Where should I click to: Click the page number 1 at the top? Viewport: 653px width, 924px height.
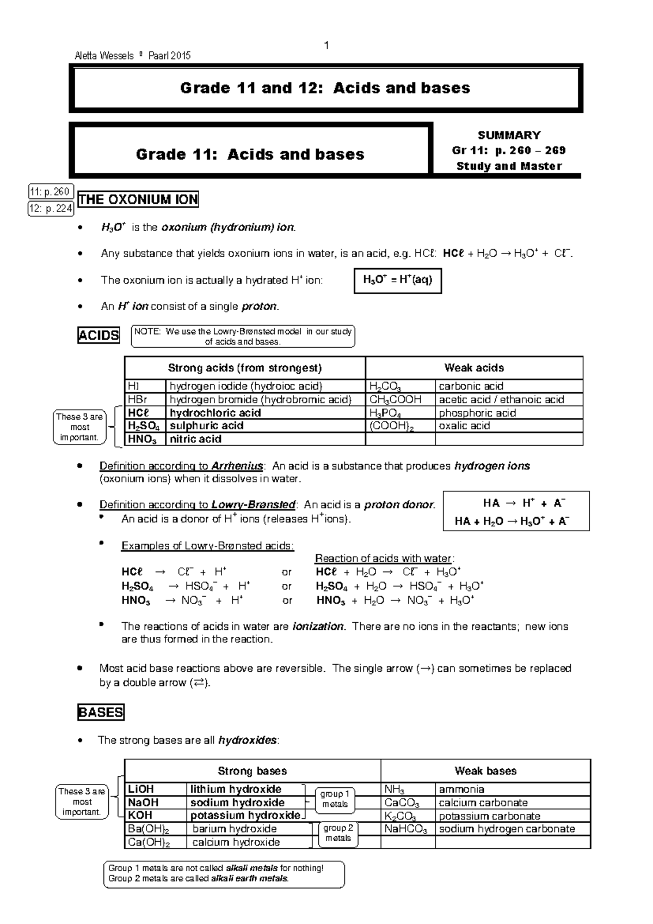(x=326, y=45)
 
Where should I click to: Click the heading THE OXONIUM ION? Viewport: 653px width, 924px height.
(x=138, y=200)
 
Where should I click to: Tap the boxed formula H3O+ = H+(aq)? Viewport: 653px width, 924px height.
(x=397, y=281)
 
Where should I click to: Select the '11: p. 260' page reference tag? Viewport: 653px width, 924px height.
(x=50, y=192)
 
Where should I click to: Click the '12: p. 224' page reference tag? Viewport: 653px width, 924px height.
(x=51, y=209)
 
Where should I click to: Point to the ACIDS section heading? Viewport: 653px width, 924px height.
(x=98, y=336)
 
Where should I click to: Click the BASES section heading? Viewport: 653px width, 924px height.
(x=101, y=713)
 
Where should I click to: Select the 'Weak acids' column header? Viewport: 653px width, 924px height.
(x=474, y=368)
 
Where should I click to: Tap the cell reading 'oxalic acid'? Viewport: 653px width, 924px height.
(x=464, y=426)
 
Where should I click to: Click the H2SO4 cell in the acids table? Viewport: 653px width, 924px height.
(x=144, y=426)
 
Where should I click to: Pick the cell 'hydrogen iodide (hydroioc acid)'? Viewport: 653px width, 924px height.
(x=246, y=386)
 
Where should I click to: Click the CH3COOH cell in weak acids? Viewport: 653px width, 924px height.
(x=396, y=400)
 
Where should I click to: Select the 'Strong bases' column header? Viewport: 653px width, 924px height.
(x=252, y=771)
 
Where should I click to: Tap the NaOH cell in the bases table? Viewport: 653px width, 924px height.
(x=143, y=803)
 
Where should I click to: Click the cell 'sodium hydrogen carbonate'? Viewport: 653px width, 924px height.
(x=507, y=829)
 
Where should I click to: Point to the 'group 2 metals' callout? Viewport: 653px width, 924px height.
(x=338, y=833)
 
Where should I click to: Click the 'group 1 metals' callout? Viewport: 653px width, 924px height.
(x=335, y=799)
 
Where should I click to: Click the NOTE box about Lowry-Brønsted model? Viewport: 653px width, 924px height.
(x=243, y=337)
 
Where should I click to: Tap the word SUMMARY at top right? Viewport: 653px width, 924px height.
(x=509, y=135)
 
